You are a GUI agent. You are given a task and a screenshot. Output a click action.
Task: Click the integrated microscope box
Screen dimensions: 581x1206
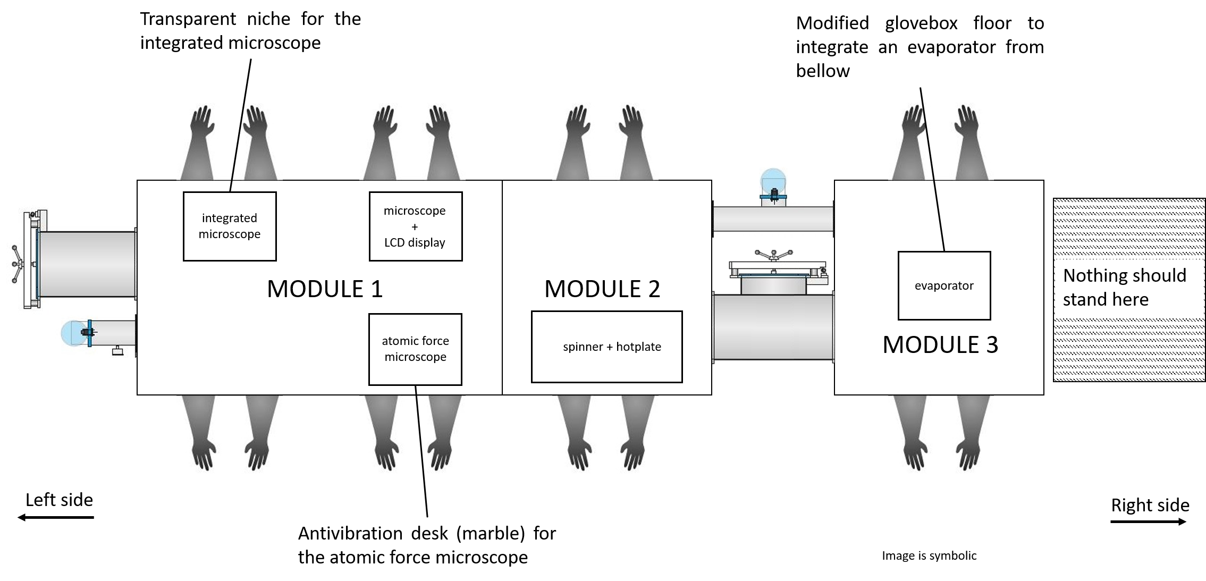click(x=230, y=226)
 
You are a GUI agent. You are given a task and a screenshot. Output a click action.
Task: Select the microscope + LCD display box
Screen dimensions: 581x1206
click(x=415, y=226)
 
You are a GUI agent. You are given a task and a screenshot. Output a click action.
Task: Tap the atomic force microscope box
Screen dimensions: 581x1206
click(x=415, y=349)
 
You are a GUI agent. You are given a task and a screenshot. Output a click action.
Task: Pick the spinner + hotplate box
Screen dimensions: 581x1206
click(x=606, y=347)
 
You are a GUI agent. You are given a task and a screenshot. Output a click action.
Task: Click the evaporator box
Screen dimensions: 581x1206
click(x=944, y=285)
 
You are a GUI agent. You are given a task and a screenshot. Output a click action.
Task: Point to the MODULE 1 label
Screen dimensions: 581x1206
click(x=325, y=289)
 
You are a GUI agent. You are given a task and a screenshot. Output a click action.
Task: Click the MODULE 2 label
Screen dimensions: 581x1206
click(x=602, y=289)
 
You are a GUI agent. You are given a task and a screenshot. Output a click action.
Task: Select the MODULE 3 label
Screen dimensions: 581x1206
click(x=940, y=345)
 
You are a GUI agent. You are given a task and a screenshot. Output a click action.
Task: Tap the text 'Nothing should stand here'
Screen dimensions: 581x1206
click(x=1124, y=288)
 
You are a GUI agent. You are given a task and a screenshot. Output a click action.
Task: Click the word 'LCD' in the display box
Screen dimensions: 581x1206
click(x=395, y=242)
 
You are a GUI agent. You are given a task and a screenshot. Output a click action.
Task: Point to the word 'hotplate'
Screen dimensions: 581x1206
click(x=638, y=347)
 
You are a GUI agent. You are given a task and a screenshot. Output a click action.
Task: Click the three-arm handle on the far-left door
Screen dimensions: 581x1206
click(x=18, y=264)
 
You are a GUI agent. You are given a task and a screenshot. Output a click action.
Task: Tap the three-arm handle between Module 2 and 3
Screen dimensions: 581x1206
click(x=773, y=255)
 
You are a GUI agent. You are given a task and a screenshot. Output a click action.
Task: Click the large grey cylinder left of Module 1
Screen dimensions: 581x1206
click(x=87, y=264)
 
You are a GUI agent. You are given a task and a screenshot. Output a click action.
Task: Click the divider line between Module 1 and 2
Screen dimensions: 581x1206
click(x=502, y=288)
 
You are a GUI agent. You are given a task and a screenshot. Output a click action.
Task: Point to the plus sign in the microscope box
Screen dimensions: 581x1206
click(x=415, y=227)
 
